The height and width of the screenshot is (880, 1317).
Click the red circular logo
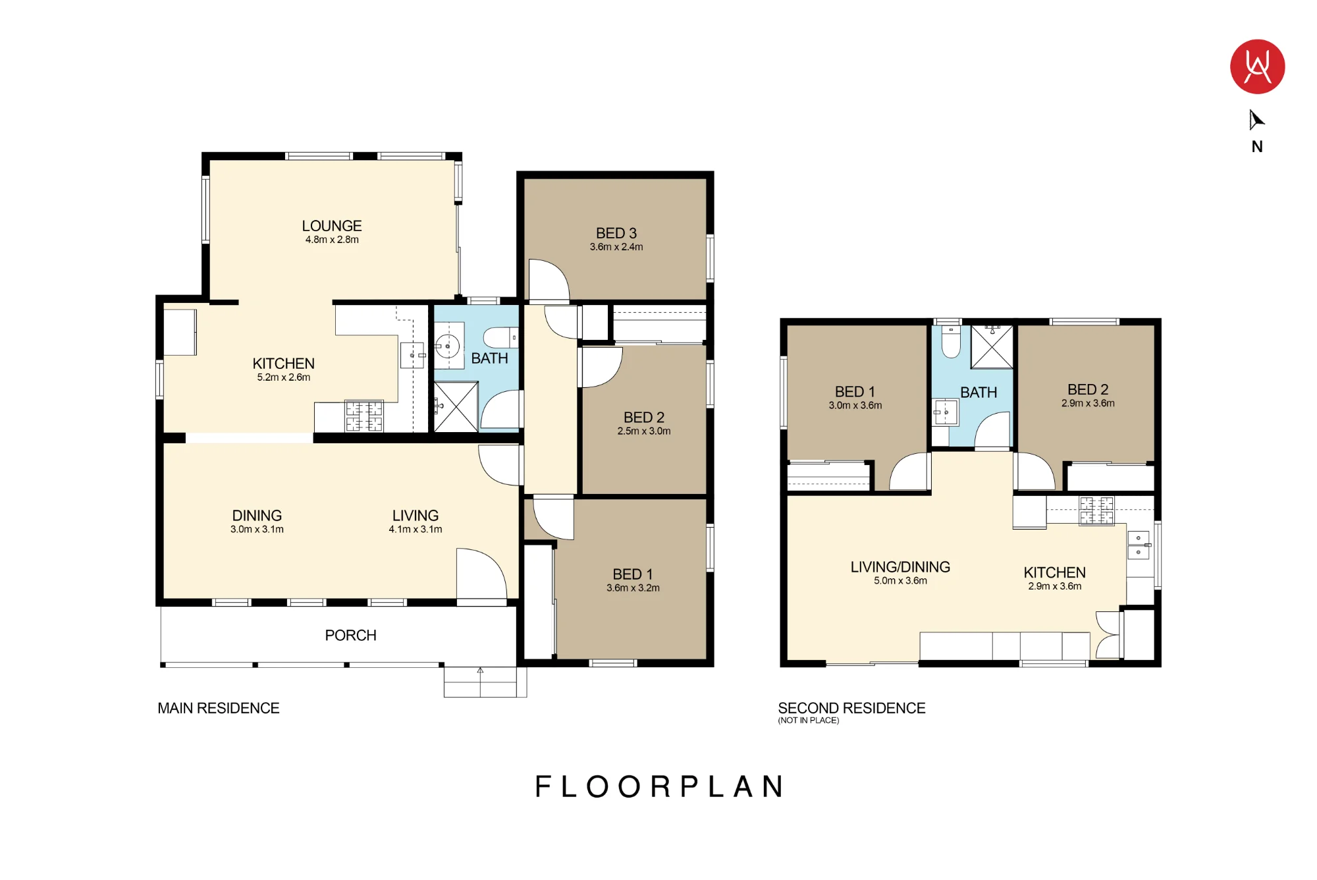point(1257,67)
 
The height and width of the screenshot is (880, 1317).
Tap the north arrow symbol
point(1256,120)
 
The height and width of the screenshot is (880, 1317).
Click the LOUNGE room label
point(332,226)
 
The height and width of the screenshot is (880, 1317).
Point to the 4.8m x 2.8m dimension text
point(332,240)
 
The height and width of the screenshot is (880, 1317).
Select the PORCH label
point(350,636)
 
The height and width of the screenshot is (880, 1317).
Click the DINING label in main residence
point(257,516)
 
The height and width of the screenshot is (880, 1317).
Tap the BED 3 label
point(616,233)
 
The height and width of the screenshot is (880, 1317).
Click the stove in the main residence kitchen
point(364,416)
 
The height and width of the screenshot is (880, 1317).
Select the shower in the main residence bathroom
point(456,407)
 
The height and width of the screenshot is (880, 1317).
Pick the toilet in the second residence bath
point(951,341)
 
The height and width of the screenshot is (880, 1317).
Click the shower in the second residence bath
point(992,346)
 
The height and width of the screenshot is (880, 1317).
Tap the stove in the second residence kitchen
point(1096,511)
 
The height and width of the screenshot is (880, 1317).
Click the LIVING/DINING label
point(900,567)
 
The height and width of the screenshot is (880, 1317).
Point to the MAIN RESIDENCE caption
point(219,708)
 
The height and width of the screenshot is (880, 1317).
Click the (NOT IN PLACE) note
point(809,721)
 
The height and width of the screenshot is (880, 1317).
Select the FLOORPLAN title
point(659,786)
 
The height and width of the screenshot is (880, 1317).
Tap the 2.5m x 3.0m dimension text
point(644,431)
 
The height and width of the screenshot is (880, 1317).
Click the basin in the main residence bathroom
point(448,345)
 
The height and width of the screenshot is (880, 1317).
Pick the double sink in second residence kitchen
point(1139,545)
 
